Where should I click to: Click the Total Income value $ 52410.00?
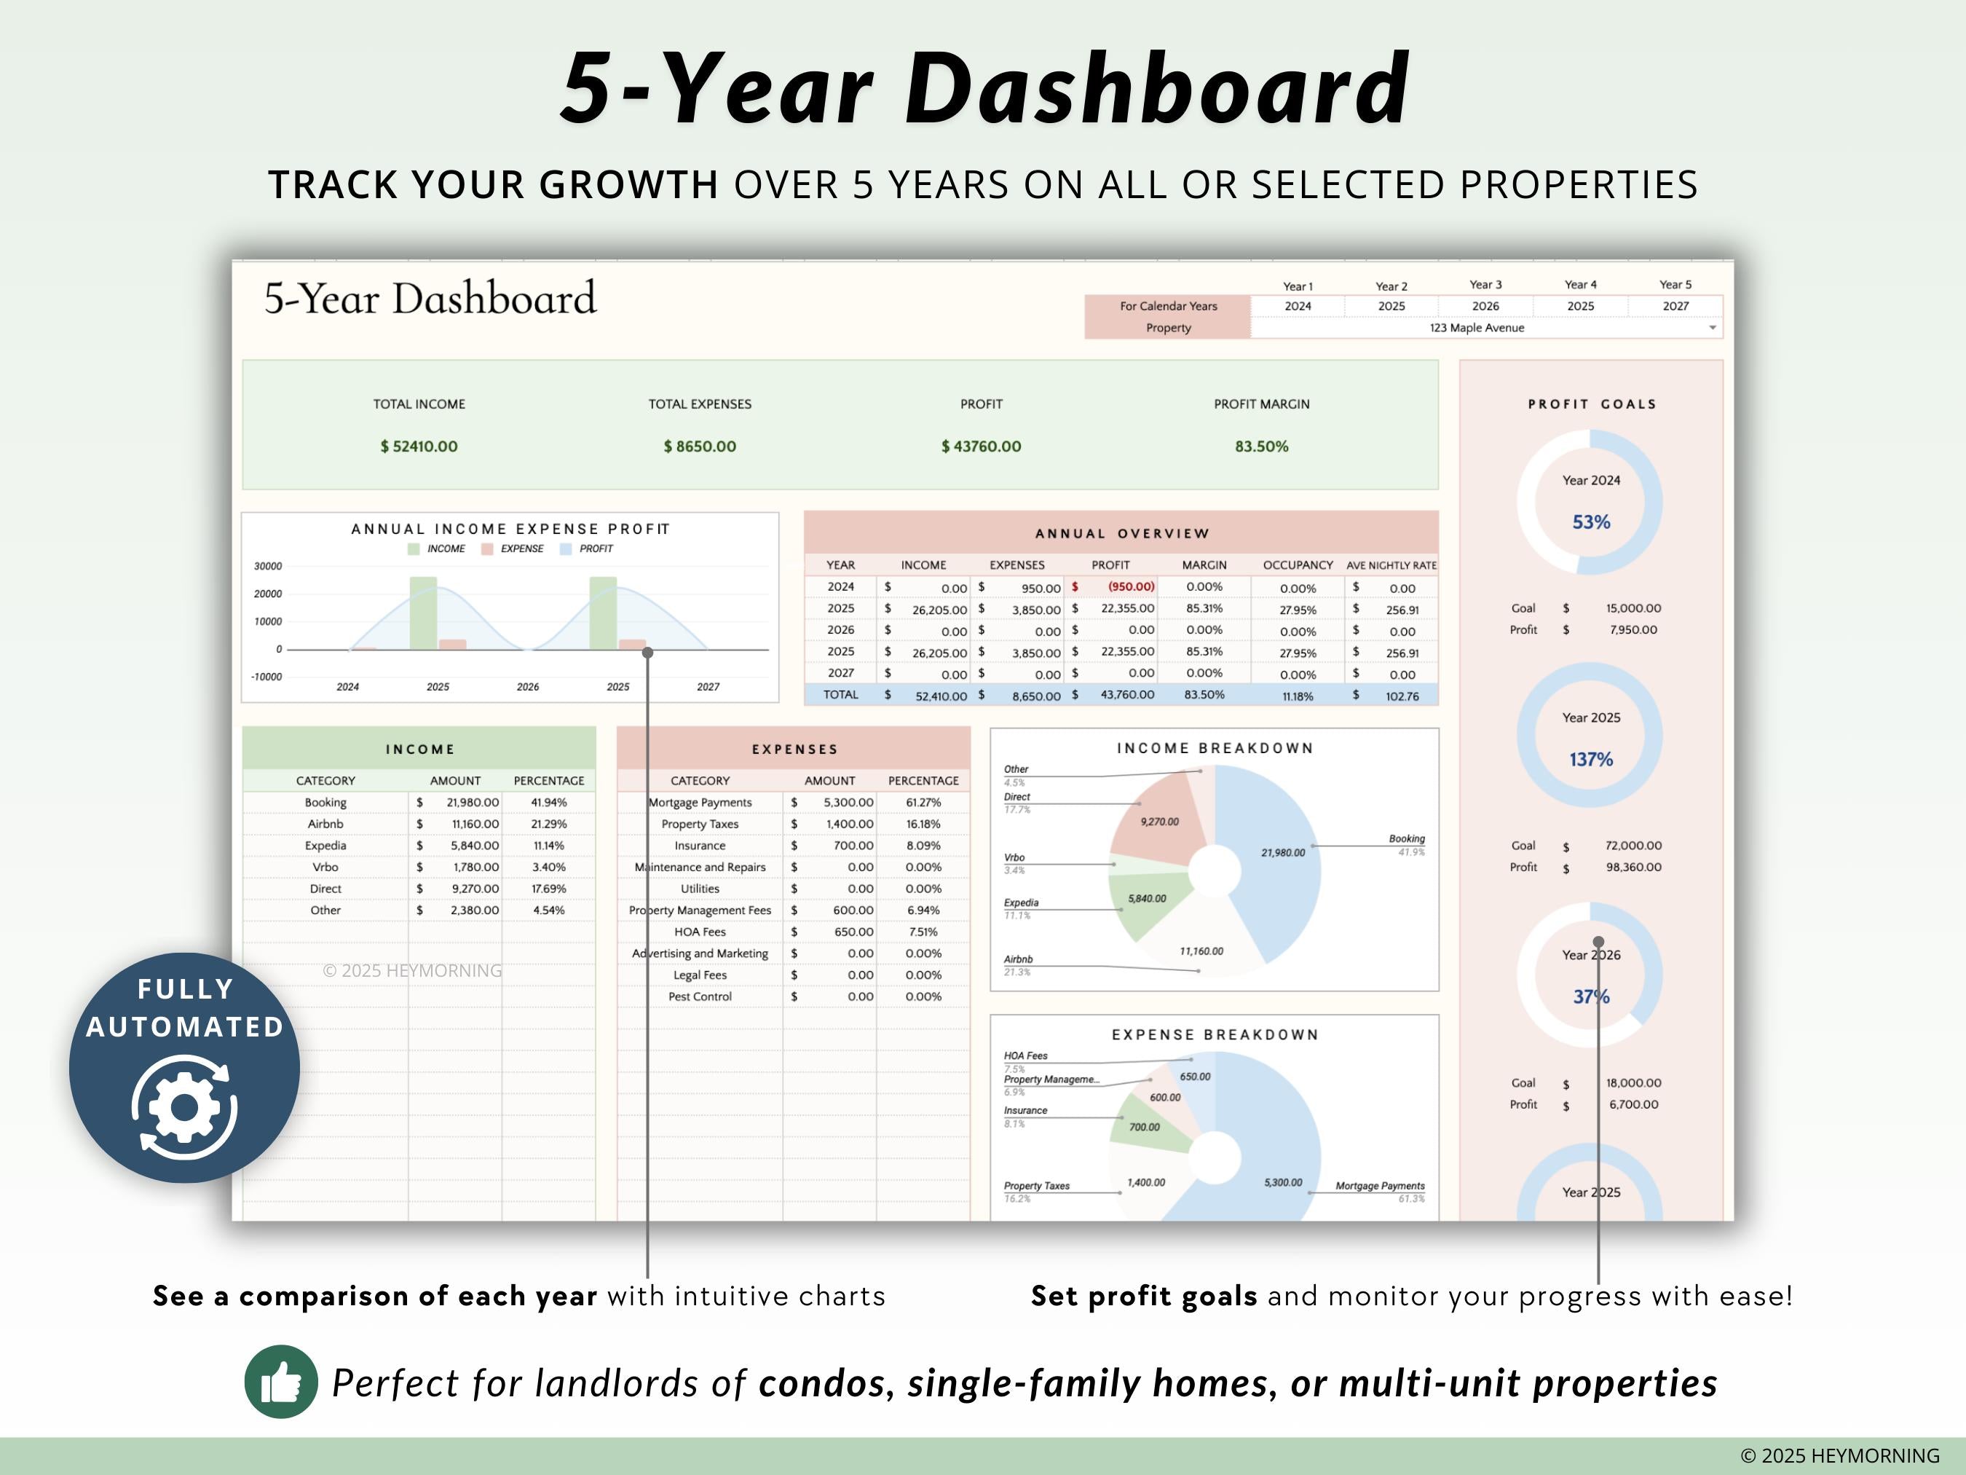click(x=419, y=447)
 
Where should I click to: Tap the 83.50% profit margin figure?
click(x=1261, y=447)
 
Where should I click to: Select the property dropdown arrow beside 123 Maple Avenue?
click(x=1712, y=328)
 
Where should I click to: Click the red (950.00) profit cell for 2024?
click(x=1131, y=587)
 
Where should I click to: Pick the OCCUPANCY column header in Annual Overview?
click(x=1298, y=565)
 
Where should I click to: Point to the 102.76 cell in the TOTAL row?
click(x=1402, y=696)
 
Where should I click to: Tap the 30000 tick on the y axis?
click(x=267, y=567)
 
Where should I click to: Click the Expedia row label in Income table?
click(x=325, y=846)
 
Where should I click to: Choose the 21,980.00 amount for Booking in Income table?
click(x=473, y=802)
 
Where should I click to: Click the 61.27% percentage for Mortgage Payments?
click(x=923, y=802)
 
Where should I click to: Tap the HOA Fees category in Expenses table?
click(x=700, y=932)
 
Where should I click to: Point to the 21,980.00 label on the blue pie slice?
click(x=1282, y=853)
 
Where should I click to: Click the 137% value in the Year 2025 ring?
click(x=1590, y=759)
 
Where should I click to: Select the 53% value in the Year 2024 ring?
click(x=1590, y=522)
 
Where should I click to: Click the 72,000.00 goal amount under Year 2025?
click(x=1633, y=846)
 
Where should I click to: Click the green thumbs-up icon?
click(x=281, y=1382)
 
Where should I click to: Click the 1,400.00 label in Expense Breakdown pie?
click(x=1145, y=1182)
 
